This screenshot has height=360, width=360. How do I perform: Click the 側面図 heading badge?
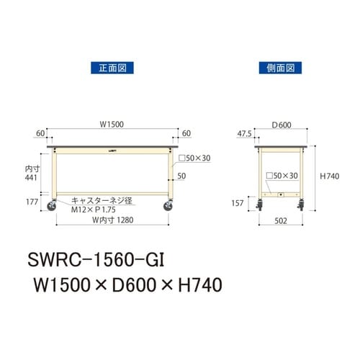coord(277,68)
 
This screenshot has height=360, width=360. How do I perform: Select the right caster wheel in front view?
coord(168,207)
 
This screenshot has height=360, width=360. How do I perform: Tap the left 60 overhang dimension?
coord(40,133)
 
